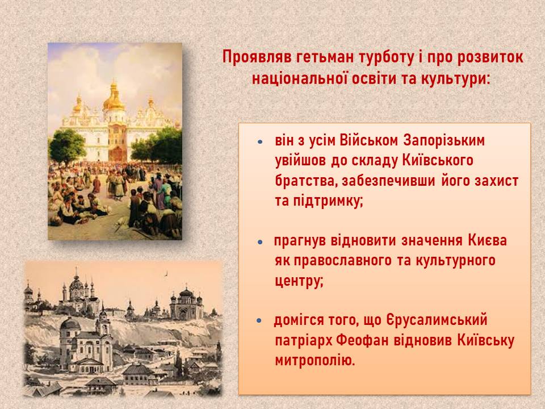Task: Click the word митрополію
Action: point(315,361)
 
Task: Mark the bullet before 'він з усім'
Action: point(261,142)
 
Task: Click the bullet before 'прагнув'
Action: point(261,242)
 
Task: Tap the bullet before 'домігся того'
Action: point(259,320)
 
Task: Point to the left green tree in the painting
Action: point(67,146)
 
